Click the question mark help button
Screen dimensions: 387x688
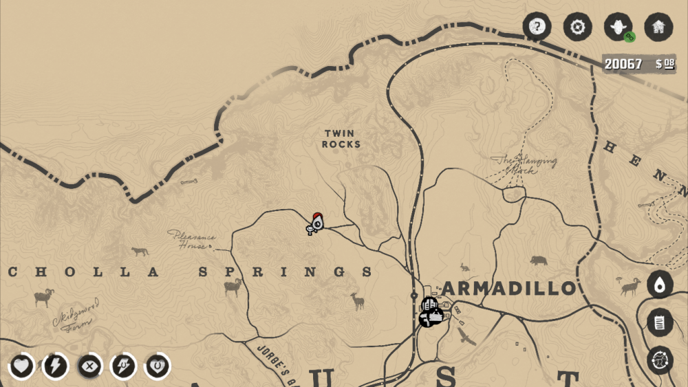537,27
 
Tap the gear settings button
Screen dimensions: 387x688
577,27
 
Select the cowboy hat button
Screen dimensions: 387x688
618,27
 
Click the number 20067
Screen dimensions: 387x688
623,65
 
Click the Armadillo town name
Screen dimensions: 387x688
508,288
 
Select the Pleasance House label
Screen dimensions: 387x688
192,239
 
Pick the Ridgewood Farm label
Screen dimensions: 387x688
75,314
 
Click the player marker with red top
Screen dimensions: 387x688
316,223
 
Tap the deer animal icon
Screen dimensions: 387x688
357,300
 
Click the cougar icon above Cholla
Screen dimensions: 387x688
140,252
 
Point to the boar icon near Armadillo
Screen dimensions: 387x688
538,261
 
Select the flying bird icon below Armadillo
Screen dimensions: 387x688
466,336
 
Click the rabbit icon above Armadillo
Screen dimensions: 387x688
465,267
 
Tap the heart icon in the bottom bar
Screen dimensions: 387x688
22,366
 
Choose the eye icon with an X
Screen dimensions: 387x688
89,366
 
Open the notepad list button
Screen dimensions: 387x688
659,322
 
